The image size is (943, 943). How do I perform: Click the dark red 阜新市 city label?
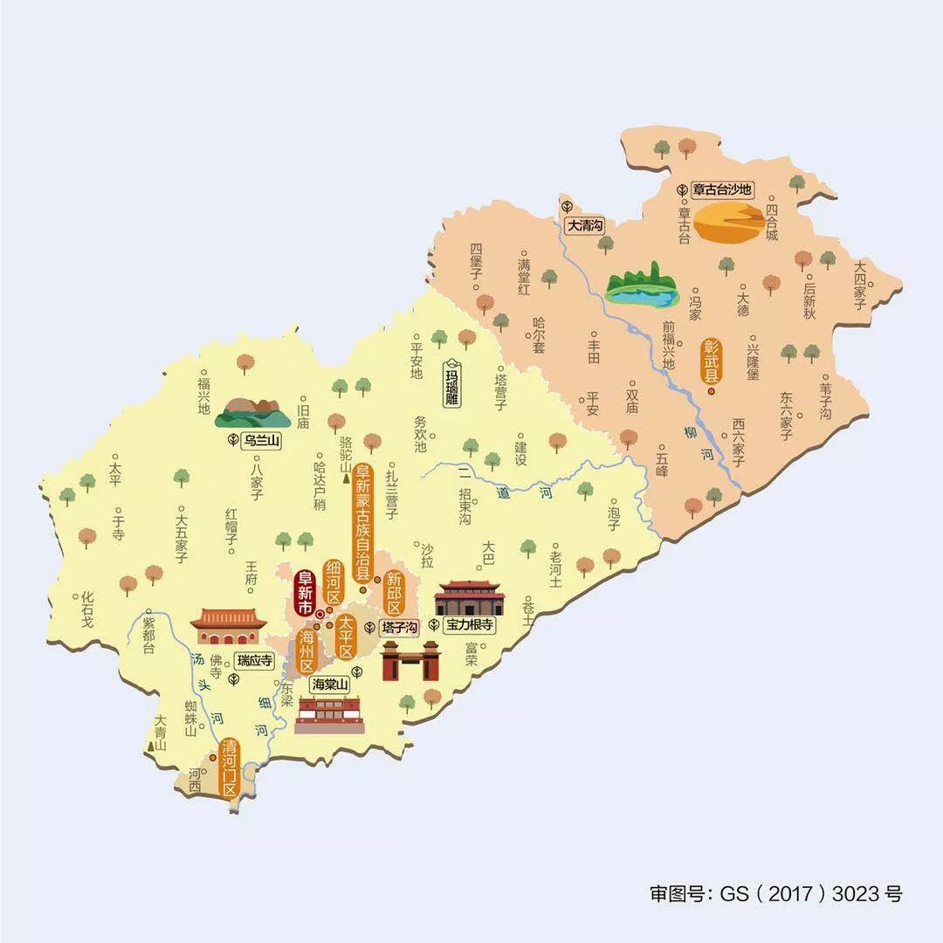coord(306,593)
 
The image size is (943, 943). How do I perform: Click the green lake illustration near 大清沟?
coord(643,288)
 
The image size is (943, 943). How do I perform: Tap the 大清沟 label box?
coord(585,226)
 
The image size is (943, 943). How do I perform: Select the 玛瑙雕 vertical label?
coord(451,383)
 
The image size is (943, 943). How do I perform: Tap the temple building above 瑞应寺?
coord(228,625)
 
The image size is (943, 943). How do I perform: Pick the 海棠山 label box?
coord(331,685)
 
